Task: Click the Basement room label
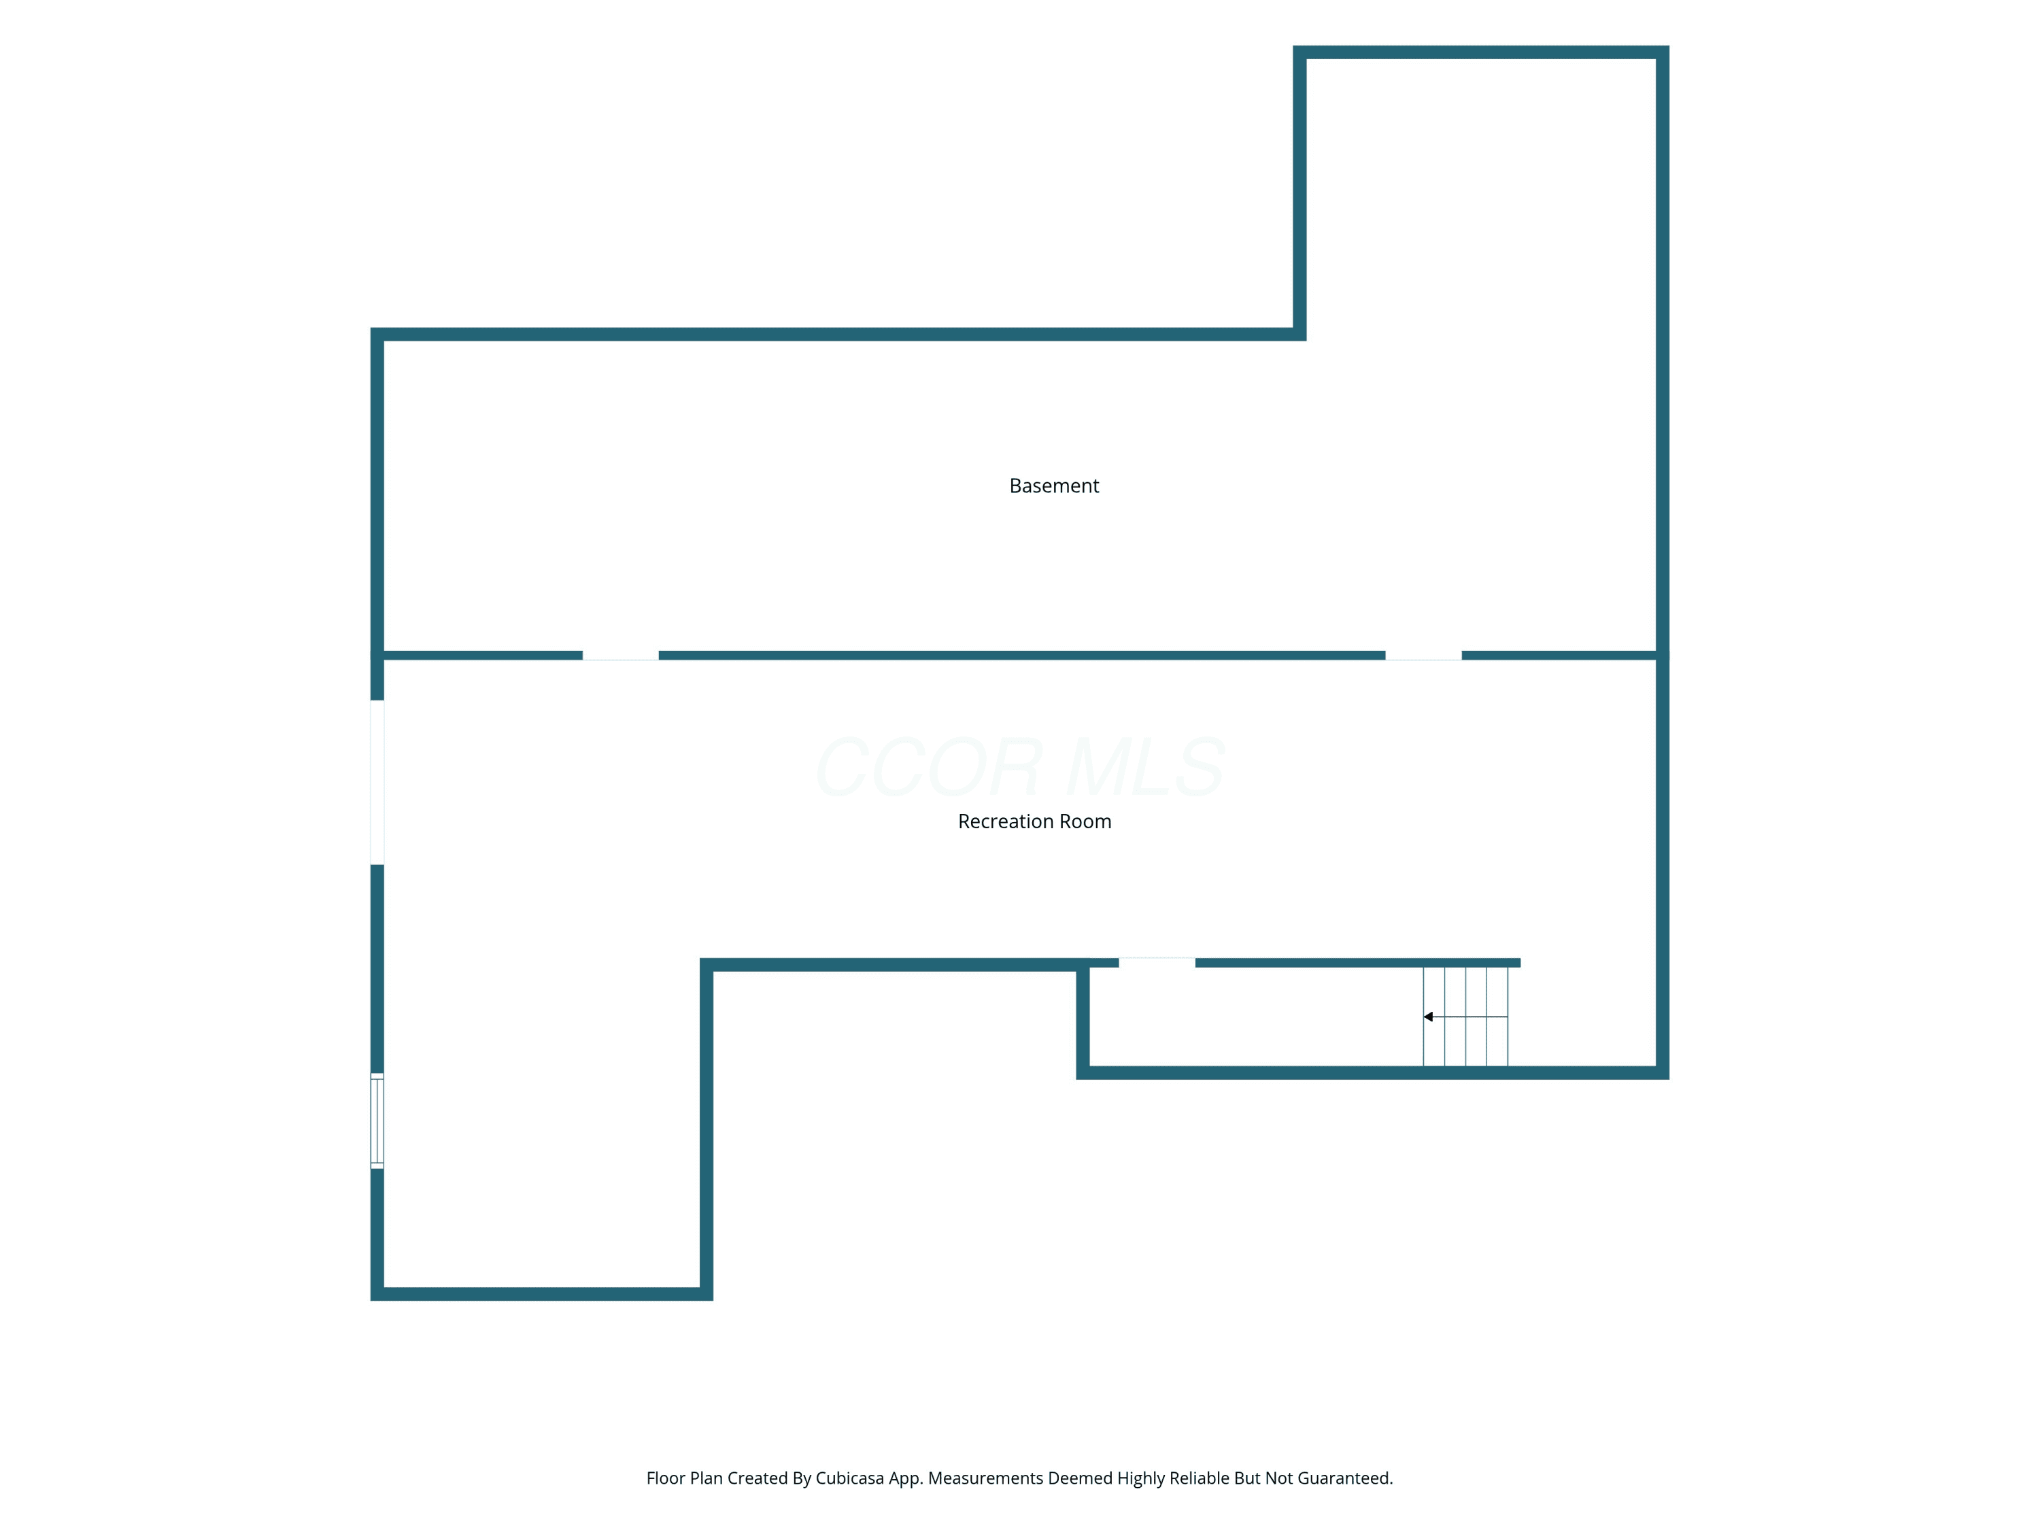[1054, 486]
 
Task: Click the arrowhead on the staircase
[1427, 1017]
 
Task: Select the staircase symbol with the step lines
[1465, 1017]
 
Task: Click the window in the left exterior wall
[377, 1121]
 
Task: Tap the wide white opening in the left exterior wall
[377, 782]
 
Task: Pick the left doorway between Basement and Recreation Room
[621, 656]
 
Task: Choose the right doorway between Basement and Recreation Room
[1423, 656]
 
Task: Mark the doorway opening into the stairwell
[1157, 963]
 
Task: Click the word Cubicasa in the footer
[849, 1478]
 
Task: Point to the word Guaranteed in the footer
[1346, 1478]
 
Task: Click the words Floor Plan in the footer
[684, 1478]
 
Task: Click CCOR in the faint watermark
[930, 766]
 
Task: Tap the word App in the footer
[904, 1479]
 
